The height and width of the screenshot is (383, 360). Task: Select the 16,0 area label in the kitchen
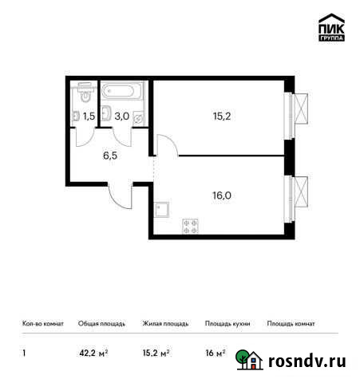click(x=217, y=192)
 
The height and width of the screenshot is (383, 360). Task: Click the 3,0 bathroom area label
click(x=122, y=116)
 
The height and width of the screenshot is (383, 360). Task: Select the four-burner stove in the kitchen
click(x=191, y=225)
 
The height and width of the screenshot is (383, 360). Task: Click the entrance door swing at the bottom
click(x=121, y=195)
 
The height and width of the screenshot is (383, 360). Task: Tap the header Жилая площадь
click(x=165, y=324)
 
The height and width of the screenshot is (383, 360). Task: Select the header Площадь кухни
click(x=227, y=324)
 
